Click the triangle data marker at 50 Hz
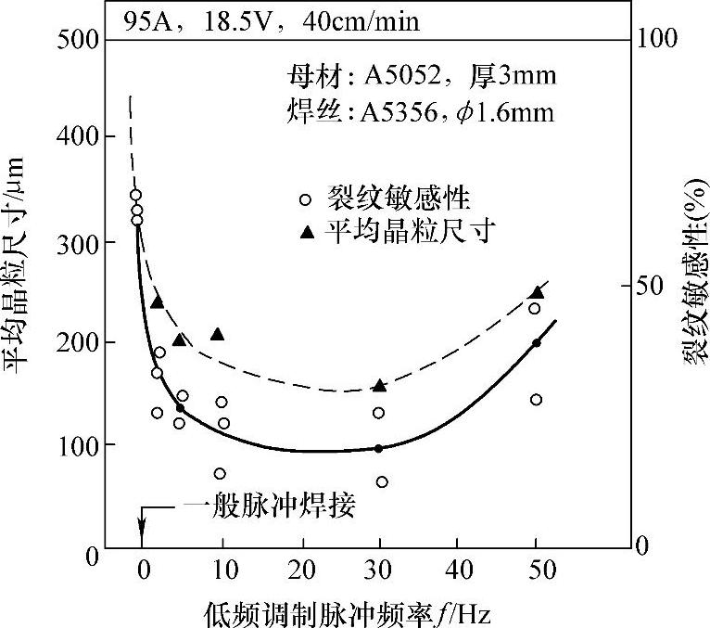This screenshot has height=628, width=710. [x=537, y=293]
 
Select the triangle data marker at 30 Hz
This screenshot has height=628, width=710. [x=379, y=386]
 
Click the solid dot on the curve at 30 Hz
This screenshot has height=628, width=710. [x=378, y=449]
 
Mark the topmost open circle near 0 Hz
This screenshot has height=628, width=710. [x=135, y=195]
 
